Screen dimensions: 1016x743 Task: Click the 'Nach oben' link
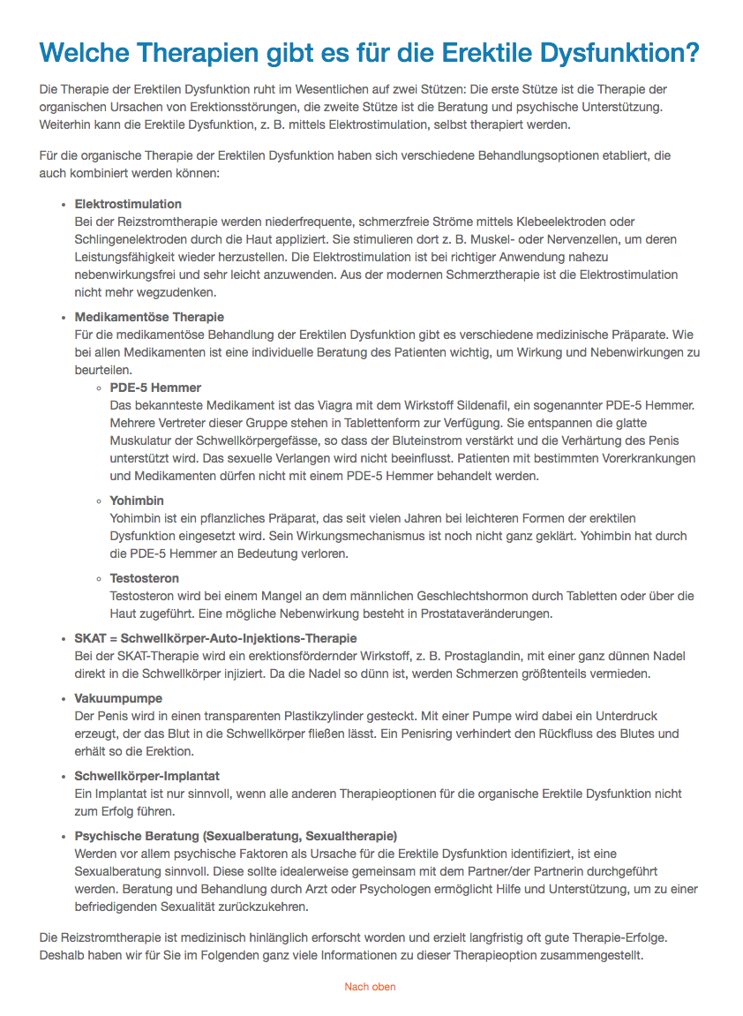point(370,987)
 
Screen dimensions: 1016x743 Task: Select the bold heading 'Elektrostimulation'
point(128,204)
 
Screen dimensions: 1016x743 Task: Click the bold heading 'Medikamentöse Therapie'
point(149,317)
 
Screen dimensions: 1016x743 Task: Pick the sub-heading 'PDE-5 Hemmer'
point(155,388)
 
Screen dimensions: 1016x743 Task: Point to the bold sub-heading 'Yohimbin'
point(137,500)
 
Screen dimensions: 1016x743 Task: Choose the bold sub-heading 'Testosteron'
point(145,578)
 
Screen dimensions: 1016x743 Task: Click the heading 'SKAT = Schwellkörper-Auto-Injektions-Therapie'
point(216,638)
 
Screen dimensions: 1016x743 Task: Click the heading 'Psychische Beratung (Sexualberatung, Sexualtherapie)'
point(236,836)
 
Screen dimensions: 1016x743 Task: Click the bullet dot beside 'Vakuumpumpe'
point(63,699)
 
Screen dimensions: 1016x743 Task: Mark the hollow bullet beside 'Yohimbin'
point(99,501)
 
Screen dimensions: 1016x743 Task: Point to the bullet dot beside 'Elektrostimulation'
point(63,205)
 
